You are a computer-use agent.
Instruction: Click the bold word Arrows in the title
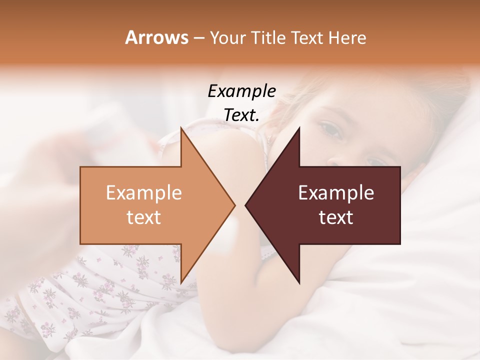[156, 37]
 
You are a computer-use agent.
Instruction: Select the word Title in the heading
[268, 38]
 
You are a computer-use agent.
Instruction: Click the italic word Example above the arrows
[241, 91]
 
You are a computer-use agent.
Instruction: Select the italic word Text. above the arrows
[241, 115]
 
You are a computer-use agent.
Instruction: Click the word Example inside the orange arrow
[143, 193]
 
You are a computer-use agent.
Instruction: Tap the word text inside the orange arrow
[143, 217]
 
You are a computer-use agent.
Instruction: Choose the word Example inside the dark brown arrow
[336, 193]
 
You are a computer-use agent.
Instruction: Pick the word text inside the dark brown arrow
[336, 217]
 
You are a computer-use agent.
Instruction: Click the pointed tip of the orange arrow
[235, 205]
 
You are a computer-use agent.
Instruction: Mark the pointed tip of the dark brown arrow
[245, 205]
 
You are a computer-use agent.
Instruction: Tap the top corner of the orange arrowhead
[180, 127]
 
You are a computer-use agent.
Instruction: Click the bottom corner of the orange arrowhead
[180, 283]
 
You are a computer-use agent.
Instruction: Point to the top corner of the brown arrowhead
[299, 127]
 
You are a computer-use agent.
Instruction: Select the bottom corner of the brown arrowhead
[299, 283]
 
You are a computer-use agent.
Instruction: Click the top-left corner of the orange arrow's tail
[80, 166]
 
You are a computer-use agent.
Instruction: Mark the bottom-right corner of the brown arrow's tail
[400, 244]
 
